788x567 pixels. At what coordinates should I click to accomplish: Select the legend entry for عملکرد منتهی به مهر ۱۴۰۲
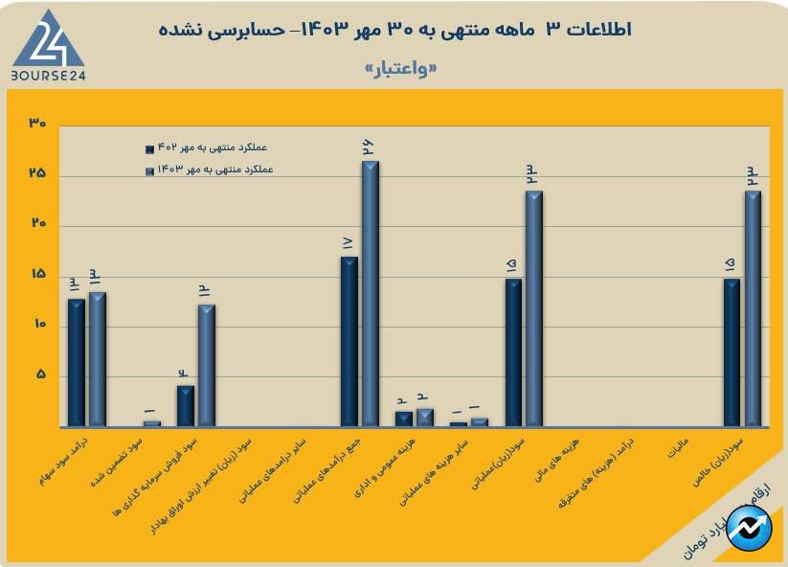(x=206, y=148)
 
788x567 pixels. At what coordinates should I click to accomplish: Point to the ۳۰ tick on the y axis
(x=37, y=125)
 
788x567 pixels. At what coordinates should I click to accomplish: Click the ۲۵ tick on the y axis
(x=37, y=174)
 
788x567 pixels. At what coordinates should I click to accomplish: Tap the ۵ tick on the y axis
(x=39, y=374)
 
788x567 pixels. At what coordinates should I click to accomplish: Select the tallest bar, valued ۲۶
(x=370, y=293)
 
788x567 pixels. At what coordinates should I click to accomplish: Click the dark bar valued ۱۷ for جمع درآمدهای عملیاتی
(x=349, y=341)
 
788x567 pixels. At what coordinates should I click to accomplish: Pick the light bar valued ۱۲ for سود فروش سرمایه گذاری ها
(x=207, y=365)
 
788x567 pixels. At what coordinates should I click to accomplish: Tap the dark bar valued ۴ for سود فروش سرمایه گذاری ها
(x=186, y=405)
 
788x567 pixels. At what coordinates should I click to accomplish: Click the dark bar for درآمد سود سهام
(x=77, y=362)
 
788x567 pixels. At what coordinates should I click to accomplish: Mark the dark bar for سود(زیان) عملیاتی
(x=513, y=352)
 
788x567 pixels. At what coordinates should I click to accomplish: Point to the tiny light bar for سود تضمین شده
(x=151, y=423)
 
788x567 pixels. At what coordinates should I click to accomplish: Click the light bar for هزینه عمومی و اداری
(x=424, y=418)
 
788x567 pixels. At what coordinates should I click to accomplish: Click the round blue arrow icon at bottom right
(x=748, y=527)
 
